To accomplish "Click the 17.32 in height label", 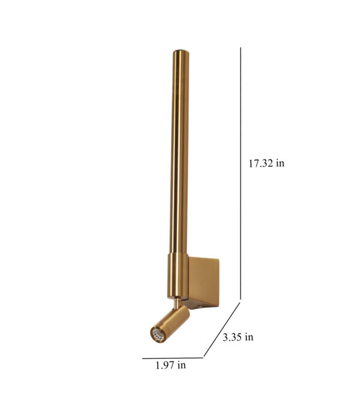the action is (x=266, y=163).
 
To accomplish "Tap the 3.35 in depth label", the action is (x=238, y=337).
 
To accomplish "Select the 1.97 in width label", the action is (x=170, y=365).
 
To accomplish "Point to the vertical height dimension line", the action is (x=241, y=173).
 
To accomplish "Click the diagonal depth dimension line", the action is (x=222, y=329).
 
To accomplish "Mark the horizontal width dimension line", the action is (x=173, y=358).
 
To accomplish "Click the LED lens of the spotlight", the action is (x=158, y=335).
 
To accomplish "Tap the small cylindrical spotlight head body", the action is (x=170, y=323).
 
